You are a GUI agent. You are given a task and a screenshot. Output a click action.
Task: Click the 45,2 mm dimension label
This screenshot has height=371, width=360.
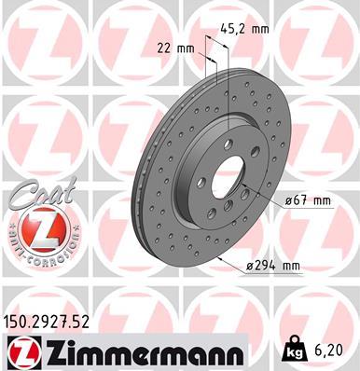(248, 29)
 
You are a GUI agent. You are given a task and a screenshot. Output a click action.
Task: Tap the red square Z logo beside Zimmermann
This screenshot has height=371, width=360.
(19, 352)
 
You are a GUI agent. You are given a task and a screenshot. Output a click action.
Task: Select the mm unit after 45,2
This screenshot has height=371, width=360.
(261, 29)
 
